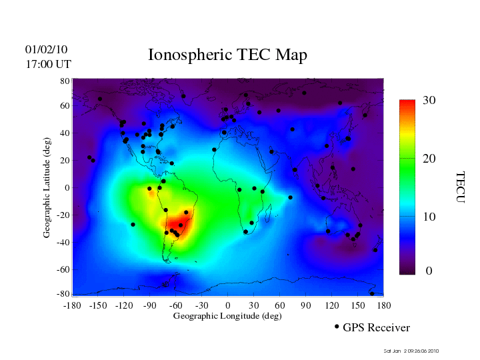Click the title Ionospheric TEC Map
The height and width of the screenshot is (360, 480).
point(227,55)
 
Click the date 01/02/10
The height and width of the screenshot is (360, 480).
point(47,49)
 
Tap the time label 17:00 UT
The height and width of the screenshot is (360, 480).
point(49,64)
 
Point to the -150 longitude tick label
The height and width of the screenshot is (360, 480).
point(98,305)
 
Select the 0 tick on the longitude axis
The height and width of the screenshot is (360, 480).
point(227,305)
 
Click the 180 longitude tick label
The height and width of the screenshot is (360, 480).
point(384,305)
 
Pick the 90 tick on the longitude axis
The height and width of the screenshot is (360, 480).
point(306,305)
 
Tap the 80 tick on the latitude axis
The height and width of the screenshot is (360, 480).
point(65,81)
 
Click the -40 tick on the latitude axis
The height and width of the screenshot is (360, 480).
point(63,242)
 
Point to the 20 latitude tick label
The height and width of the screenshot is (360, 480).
point(65,161)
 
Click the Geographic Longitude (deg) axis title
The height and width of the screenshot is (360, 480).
point(227,316)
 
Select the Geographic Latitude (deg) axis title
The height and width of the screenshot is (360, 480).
point(47,192)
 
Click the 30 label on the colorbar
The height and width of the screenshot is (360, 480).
point(429,100)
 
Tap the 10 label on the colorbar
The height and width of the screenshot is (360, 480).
point(429,217)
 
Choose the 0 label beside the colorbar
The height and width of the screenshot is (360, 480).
point(429,271)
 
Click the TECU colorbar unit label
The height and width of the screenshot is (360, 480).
point(460,187)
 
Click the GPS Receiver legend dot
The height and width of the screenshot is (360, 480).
point(337,327)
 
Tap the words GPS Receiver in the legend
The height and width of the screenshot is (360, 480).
point(376,328)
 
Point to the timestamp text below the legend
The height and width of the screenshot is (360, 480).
point(411,351)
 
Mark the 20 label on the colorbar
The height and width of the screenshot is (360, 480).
point(429,160)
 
